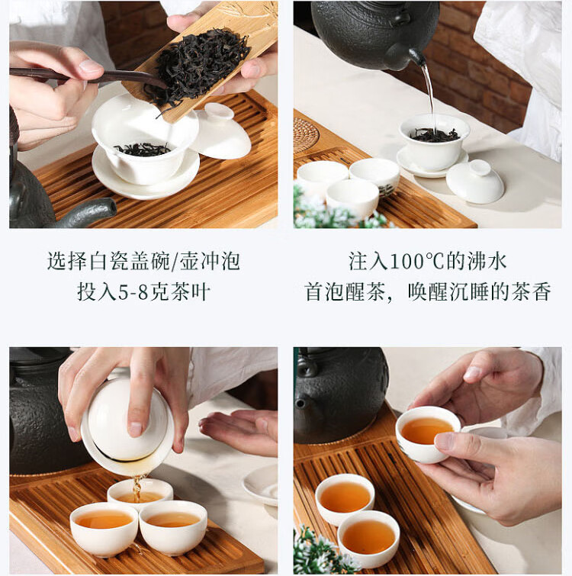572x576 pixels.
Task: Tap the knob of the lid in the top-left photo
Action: point(218,111)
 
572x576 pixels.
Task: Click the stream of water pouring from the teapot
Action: point(429,96)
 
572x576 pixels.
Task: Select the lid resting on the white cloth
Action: point(475,182)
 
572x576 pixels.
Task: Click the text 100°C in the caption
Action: point(416,262)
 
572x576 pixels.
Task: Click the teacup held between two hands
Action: point(427,433)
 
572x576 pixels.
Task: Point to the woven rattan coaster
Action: point(305,135)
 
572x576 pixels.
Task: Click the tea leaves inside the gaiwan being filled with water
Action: point(435,135)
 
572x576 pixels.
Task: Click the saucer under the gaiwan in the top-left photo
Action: point(146,179)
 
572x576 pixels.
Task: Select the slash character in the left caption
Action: point(175,262)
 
